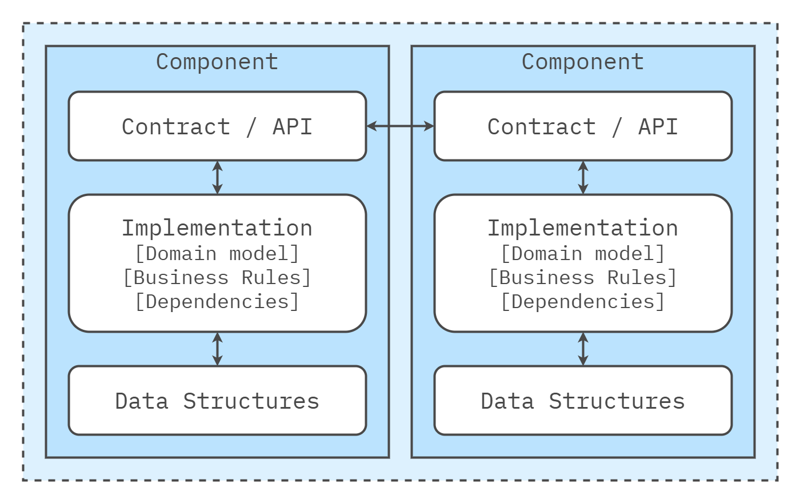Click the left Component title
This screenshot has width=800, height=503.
217,62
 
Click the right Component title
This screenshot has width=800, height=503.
583,62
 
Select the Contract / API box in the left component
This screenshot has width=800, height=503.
217,126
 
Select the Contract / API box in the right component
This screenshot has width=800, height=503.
583,126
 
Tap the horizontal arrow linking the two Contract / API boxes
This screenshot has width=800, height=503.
400,126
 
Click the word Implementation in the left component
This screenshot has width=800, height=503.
217,228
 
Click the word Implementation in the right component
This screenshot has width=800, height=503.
583,228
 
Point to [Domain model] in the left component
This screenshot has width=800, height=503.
217,253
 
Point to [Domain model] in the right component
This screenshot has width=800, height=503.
583,253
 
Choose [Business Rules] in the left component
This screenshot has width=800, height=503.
217,277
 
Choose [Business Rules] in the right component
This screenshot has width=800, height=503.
583,277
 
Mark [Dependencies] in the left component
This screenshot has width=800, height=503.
217,301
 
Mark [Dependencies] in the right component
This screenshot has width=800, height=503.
583,301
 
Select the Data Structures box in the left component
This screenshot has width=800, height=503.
217,401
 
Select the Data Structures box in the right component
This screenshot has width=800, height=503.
583,401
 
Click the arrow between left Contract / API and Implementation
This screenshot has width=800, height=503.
217,177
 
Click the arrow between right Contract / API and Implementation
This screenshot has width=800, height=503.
583,177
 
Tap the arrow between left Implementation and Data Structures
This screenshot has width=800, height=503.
217,349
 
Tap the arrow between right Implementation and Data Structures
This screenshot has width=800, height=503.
583,349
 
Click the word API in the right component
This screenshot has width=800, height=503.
658,126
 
